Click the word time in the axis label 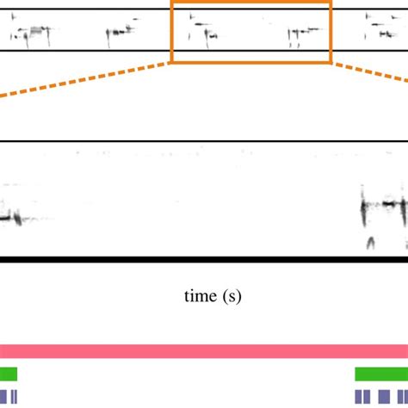200,297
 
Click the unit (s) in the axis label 231,297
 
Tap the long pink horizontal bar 204,351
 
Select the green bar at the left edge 8,374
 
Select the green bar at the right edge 381,374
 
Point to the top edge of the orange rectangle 250,3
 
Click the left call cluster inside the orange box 204,30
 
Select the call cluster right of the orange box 379,28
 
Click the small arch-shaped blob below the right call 370,243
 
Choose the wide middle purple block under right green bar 384,396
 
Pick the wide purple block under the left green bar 3,396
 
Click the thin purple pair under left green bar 12,396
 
